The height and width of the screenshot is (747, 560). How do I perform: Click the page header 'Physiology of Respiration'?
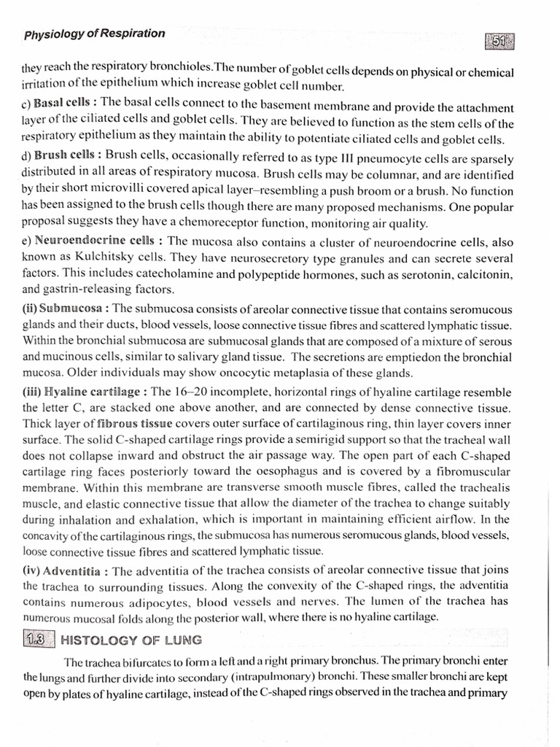pyautogui.click(x=95, y=34)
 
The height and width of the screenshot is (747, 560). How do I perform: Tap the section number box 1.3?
pyautogui.click(x=35, y=640)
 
